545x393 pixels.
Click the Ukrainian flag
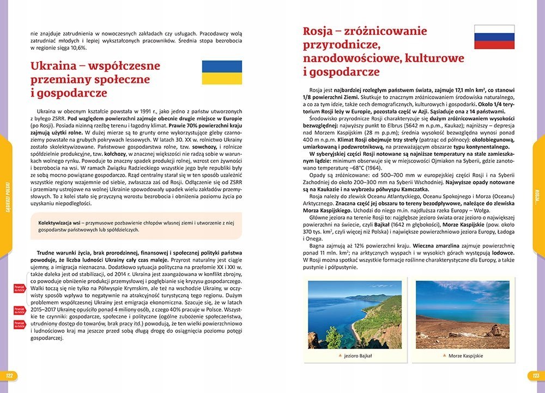222,72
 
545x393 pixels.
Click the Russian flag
494,37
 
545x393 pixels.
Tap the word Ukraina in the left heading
53,66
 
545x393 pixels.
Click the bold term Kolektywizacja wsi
60,223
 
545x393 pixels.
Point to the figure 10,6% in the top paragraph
77,48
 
